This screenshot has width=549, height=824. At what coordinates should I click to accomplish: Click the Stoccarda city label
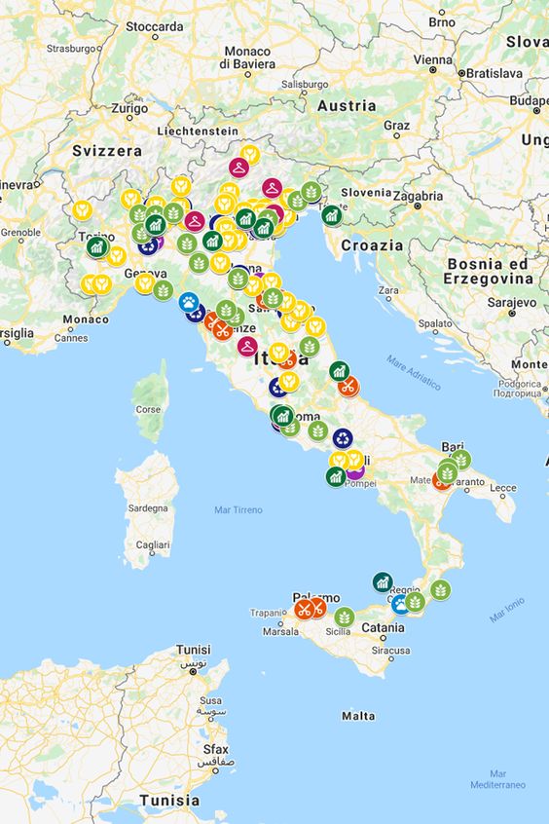tap(155, 25)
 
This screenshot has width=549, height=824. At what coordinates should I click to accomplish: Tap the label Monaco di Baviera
tap(247, 56)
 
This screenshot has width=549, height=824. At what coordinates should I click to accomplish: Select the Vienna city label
tap(432, 58)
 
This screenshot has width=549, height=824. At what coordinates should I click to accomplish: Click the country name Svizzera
tap(107, 151)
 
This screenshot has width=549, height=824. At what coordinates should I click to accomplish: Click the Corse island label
tap(147, 409)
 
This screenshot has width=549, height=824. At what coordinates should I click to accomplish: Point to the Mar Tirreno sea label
tap(238, 509)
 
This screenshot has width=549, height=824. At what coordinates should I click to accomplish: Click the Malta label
tap(358, 716)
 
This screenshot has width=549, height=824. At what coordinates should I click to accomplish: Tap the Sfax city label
tap(215, 749)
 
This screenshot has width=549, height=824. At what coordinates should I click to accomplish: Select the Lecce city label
tap(503, 487)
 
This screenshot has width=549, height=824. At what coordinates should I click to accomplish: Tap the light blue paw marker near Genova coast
tap(189, 302)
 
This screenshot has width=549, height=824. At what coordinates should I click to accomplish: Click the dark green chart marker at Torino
tap(96, 246)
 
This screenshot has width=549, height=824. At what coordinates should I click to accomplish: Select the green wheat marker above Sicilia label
tap(345, 617)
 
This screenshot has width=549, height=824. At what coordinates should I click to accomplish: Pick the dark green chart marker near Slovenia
tap(331, 213)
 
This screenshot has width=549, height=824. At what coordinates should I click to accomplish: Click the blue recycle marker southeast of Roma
tap(343, 438)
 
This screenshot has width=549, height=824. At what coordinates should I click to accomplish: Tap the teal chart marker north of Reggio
tap(383, 581)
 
